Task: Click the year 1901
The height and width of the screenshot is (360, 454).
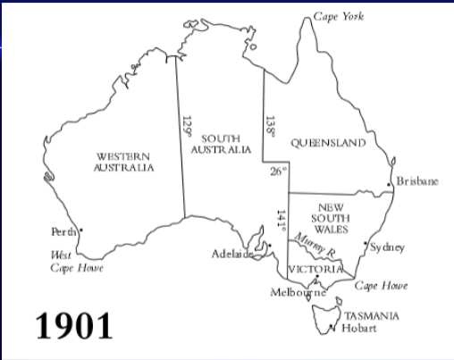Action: tap(74, 324)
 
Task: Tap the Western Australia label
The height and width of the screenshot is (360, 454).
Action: tap(123, 162)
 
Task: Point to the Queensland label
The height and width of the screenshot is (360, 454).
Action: tap(328, 143)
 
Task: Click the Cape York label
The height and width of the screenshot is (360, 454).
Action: tap(339, 16)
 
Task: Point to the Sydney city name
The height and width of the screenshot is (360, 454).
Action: tap(387, 247)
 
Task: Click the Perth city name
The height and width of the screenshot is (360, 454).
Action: tap(63, 232)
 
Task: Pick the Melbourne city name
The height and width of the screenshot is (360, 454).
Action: tap(298, 292)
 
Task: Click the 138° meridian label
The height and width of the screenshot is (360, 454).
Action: tap(269, 125)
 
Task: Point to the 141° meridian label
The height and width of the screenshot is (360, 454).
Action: tap(281, 221)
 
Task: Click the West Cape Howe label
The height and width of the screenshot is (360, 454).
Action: tap(76, 262)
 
